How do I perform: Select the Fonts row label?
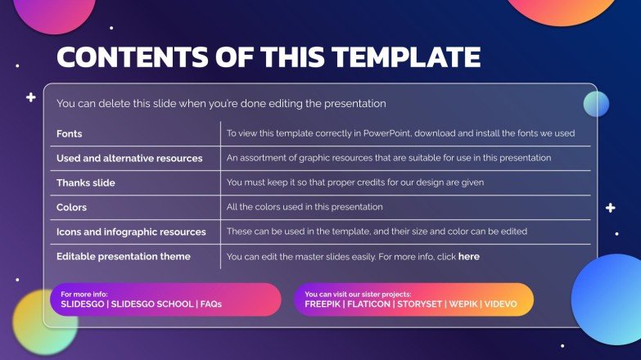coord(69,133)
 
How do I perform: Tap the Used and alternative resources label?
coord(129,158)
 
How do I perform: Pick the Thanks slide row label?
coord(86,182)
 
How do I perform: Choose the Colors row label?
coord(71,207)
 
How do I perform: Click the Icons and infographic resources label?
coord(131,232)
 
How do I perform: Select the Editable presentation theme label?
coord(123,256)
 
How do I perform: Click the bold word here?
coord(469,256)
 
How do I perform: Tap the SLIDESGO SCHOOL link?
coord(151,304)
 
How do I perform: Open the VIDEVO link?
coord(500,304)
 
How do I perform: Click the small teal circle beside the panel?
coord(596,104)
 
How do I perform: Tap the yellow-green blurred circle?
coord(45,320)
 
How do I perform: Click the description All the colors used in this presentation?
coord(305,207)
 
